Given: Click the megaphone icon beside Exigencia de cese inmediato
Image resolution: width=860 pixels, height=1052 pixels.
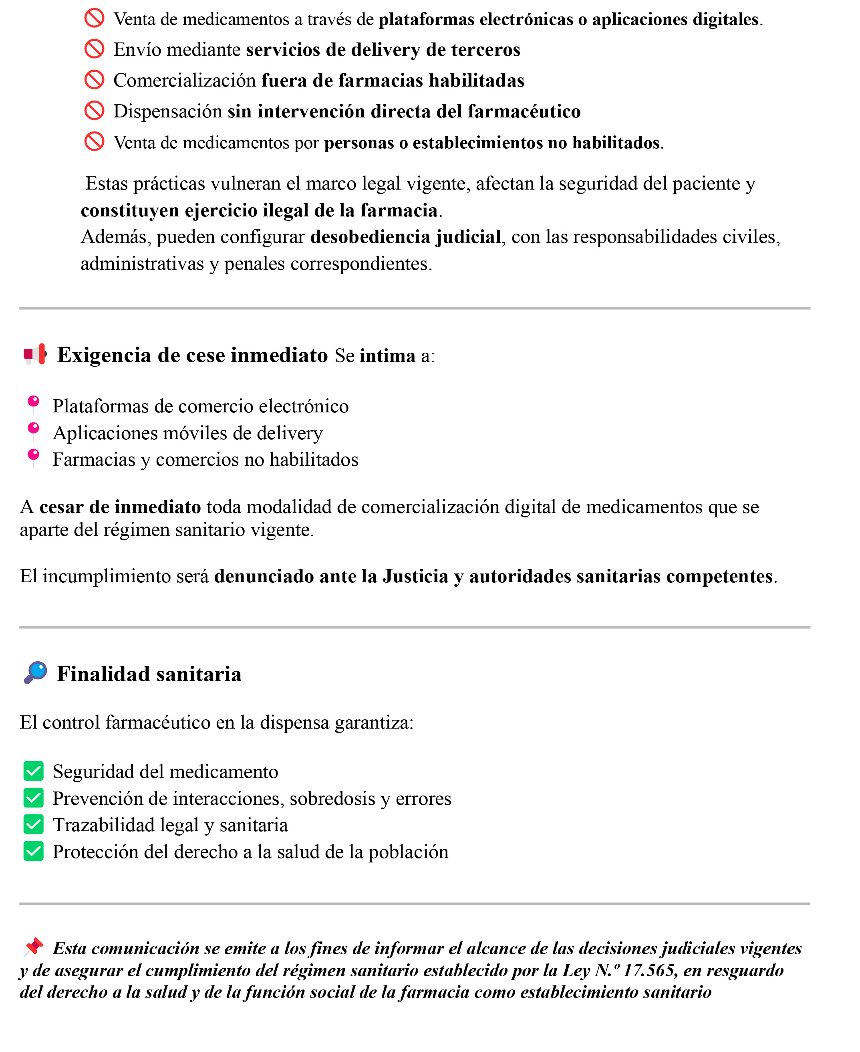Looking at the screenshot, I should tap(35, 354).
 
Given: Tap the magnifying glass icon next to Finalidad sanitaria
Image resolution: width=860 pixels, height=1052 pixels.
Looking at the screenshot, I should tap(35, 673).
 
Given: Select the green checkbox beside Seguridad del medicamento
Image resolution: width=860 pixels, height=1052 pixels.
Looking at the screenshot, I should tap(34, 771).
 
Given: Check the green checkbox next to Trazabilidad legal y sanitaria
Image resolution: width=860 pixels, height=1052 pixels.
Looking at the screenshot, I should tap(34, 825).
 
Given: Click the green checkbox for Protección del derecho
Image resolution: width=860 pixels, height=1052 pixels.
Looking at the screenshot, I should tap(34, 852).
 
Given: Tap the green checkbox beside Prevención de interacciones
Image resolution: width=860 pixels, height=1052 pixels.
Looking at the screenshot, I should tap(34, 798).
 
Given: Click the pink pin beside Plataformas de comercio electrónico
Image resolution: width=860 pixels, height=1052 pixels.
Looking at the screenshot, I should tap(33, 404).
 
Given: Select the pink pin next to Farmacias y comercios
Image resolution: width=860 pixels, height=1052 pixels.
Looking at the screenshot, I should tap(33, 457).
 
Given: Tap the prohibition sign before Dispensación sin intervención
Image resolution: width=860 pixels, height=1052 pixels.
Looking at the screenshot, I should tap(94, 111).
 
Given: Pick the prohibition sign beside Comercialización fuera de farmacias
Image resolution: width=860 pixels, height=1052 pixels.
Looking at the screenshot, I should tap(94, 80).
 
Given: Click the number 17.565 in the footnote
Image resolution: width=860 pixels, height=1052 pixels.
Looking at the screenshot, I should tap(650, 970).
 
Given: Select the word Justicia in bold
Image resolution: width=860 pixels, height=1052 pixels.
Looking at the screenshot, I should tap(415, 576).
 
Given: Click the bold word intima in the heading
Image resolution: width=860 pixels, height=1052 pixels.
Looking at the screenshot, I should tap(387, 356).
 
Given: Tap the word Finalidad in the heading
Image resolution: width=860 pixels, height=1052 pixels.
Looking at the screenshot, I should tap(103, 674).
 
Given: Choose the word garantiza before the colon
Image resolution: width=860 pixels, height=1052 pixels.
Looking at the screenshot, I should tap(374, 723).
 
